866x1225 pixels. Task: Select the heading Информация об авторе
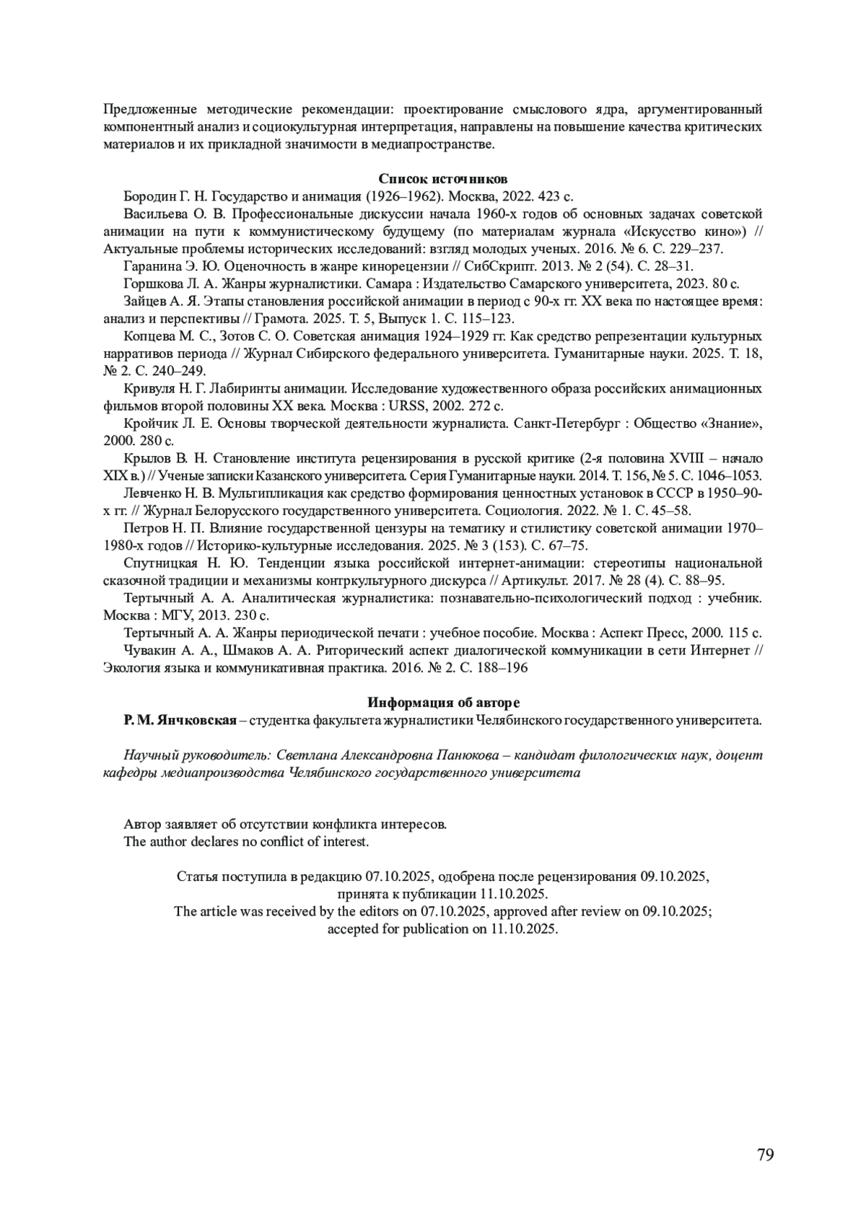click(x=443, y=703)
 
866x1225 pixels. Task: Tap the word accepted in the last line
click(x=352, y=929)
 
